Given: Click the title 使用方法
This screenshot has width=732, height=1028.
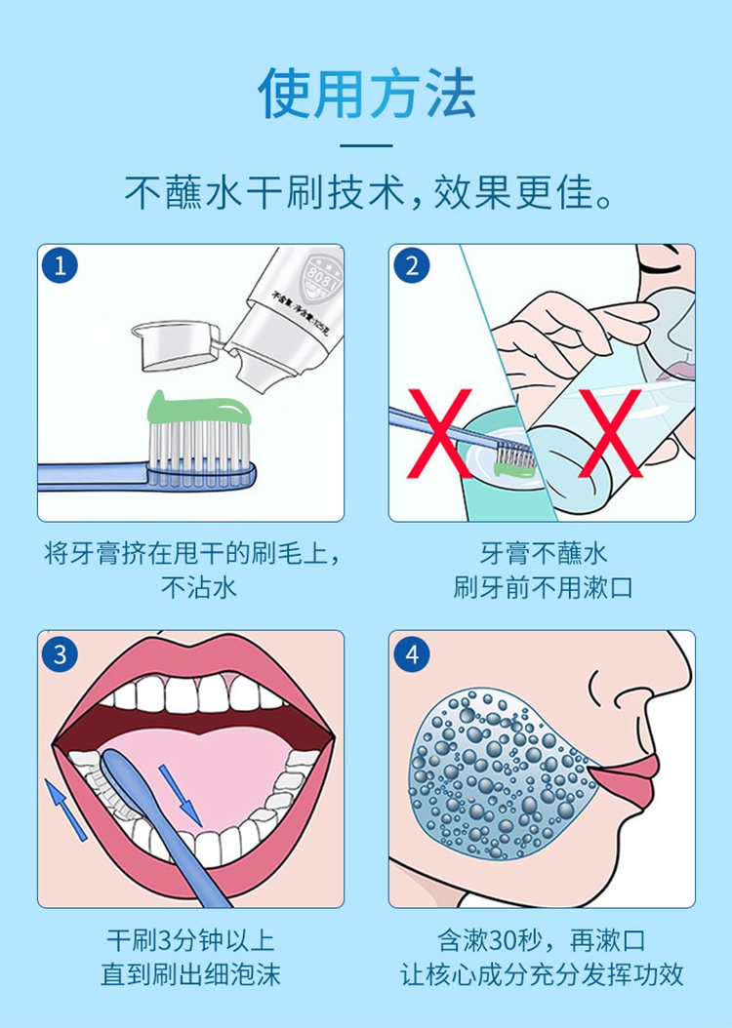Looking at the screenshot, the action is click(x=366, y=95).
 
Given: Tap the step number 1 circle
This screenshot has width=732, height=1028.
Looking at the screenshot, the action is click(x=61, y=267).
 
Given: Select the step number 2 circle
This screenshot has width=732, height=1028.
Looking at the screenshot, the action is click(x=412, y=267).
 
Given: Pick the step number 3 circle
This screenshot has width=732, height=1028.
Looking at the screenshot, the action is click(x=61, y=653).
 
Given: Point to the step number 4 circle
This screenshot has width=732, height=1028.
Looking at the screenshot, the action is click(x=412, y=653).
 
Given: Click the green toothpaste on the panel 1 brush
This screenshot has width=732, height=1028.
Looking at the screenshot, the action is click(x=199, y=409).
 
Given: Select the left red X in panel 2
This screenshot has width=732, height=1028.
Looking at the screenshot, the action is click(x=438, y=433).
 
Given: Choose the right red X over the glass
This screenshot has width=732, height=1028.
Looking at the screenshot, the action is click(x=611, y=433).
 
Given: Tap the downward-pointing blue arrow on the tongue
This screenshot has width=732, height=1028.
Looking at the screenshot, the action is click(x=181, y=794).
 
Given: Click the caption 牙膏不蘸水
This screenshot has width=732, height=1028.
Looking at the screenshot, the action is click(x=543, y=554).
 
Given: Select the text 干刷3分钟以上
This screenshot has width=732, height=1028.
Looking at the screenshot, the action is click(x=190, y=941).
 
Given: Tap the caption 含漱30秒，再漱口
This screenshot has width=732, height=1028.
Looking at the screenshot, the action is click(x=542, y=941).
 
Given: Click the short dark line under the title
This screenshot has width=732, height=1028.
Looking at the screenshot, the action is click(x=367, y=145).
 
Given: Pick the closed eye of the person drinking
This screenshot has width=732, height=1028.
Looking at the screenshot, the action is click(x=658, y=262).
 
